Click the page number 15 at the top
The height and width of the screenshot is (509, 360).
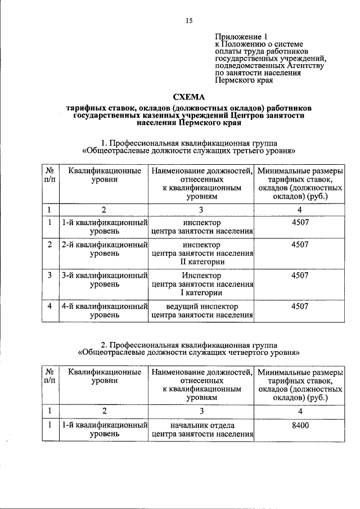click(189, 21)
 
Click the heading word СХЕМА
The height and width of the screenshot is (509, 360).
click(189, 96)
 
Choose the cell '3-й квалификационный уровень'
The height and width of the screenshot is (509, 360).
click(104, 280)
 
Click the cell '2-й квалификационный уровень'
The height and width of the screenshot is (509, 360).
click(104, 249)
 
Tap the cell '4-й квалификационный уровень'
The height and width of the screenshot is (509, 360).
click(104, 310)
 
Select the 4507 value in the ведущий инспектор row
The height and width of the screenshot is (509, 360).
click(300, 307)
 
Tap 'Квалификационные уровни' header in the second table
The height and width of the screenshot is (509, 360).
click(104, 376)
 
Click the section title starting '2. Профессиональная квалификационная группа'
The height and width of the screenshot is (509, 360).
click(189, 348)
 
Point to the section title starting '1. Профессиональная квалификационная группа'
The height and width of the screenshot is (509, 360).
click(189, 147)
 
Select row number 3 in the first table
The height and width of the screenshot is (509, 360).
click(50, 276)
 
